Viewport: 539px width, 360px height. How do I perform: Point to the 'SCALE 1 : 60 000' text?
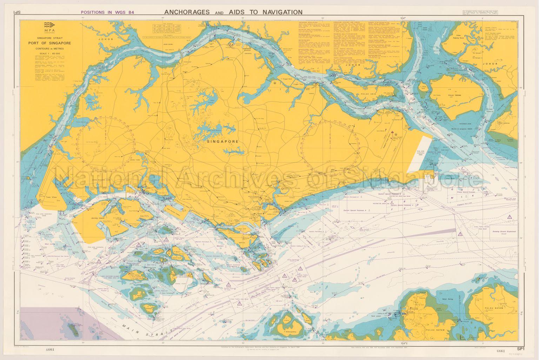tap(49, 54)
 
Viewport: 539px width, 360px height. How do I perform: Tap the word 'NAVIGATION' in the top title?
tap(280, 12)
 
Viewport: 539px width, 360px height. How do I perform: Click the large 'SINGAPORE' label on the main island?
tap(223, 142)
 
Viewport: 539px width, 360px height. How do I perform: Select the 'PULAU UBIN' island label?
tap(367, 94)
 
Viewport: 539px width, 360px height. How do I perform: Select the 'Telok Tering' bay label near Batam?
tap(444, 303)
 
